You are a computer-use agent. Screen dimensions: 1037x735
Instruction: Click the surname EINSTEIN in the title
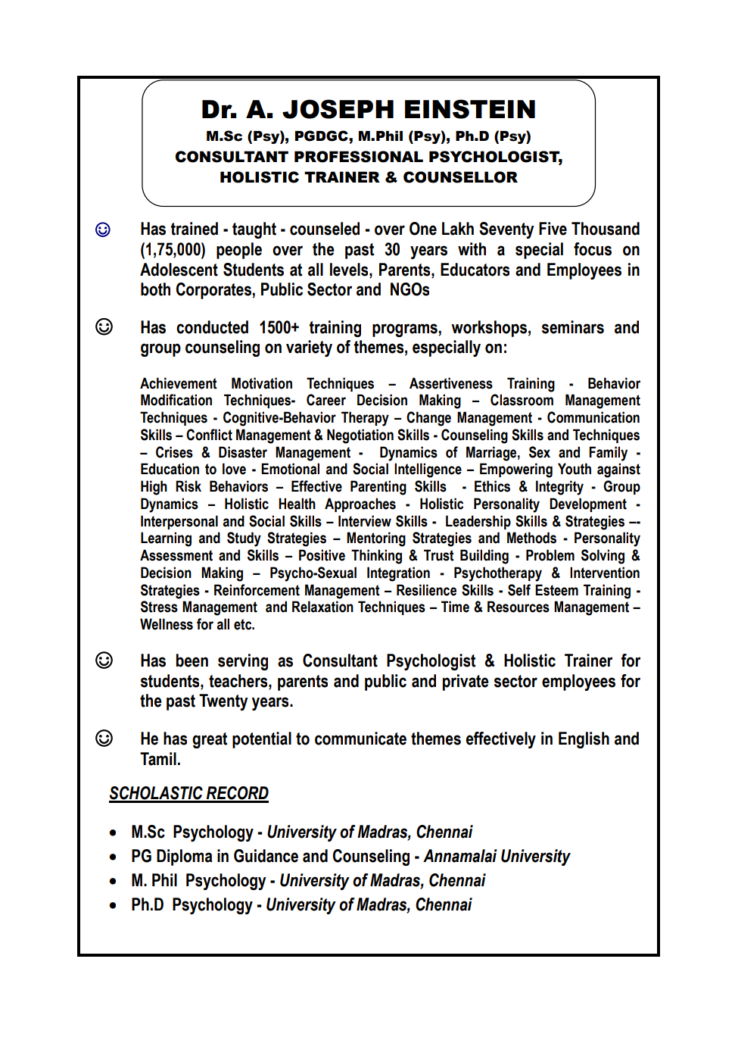pos(470,110)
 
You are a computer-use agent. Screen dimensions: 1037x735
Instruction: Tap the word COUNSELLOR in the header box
pos(460,177)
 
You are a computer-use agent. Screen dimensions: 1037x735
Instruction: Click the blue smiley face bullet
pos(103,230)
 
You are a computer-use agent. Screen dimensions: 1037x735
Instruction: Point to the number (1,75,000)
pos(173,250)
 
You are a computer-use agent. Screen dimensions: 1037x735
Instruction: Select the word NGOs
pos(410,290)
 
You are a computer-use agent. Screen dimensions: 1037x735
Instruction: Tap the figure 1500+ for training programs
pos(279,328)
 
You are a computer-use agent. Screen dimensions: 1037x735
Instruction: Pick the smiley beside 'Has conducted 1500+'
pos(104,327)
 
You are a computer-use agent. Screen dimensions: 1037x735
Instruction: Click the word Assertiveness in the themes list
pos(450,384)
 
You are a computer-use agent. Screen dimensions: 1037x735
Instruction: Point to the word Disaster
pos(242,453)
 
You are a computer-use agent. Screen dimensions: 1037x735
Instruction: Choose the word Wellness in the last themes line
pos(166,625)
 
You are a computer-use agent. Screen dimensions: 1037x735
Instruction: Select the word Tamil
pos(160,760)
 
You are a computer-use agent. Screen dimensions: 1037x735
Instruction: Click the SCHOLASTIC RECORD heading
pos(188,793)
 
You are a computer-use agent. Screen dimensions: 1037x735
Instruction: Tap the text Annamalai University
pos(497,857)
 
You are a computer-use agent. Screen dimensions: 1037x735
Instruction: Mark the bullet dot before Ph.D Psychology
pos(113,905)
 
